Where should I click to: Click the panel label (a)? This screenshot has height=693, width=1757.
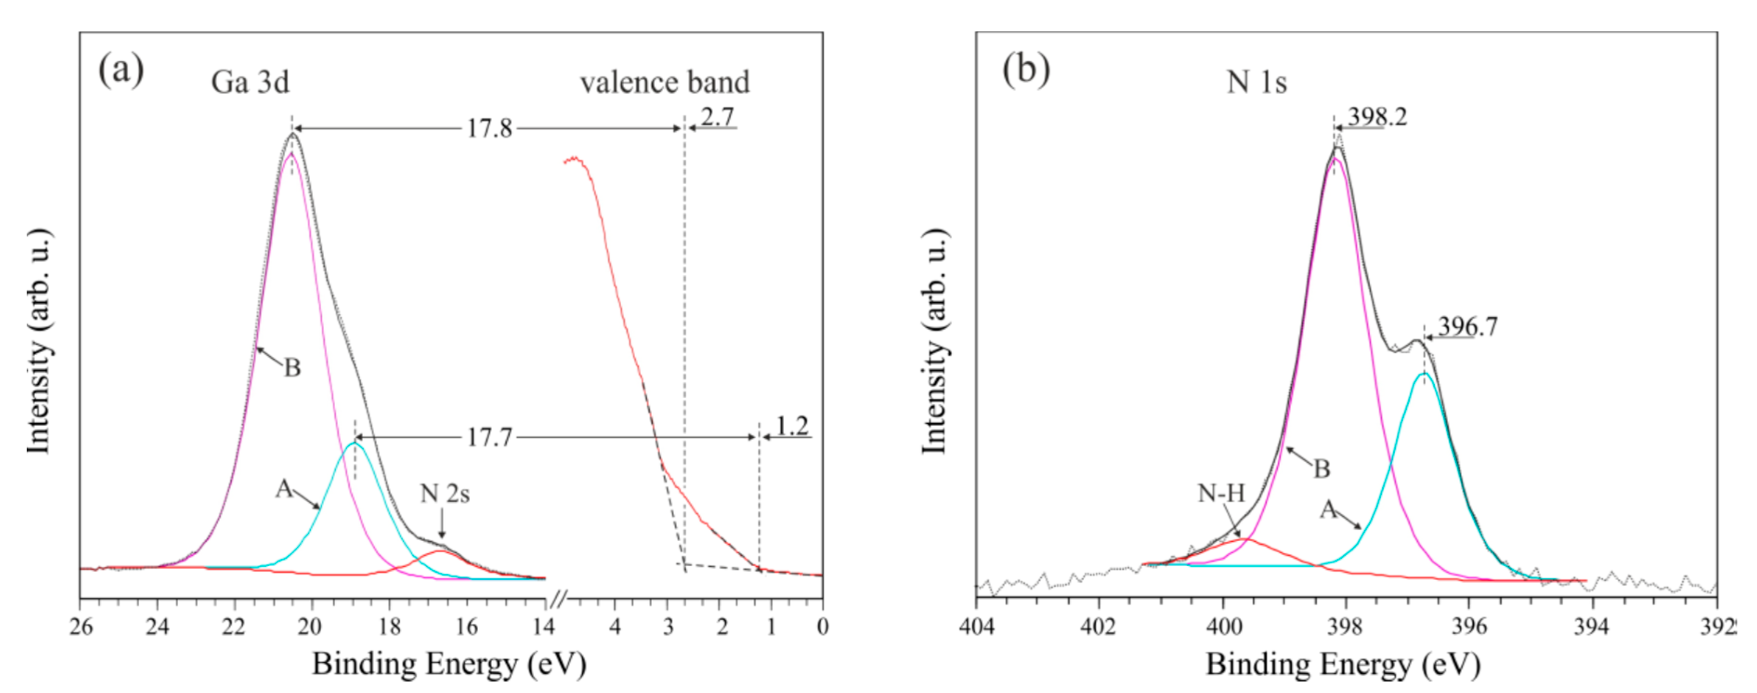pos(121,70)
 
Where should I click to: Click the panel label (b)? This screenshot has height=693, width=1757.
pos(1026,70)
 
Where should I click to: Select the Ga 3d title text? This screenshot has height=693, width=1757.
pos(250,83)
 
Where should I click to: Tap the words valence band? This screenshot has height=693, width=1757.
pos(664,83)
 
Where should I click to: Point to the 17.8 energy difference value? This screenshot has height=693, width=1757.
pos(488,128)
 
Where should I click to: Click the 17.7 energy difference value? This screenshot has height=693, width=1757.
pos(488,437)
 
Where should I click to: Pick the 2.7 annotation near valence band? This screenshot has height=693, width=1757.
pos(717,117)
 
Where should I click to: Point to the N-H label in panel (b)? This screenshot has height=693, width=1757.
pos(1221,492)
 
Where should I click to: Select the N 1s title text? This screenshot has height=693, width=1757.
pos(1256,83)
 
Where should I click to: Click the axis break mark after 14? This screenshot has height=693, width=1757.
pos(558,600)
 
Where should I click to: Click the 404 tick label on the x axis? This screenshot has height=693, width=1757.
pos(977,626)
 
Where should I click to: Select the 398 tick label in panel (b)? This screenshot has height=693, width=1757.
pos(1346,626)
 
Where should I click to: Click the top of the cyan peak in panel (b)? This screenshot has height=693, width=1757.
pos(1424,374)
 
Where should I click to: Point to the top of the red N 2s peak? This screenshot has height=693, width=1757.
pos(440,551)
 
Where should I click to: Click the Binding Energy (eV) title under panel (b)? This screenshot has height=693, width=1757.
pos(1342,664)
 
